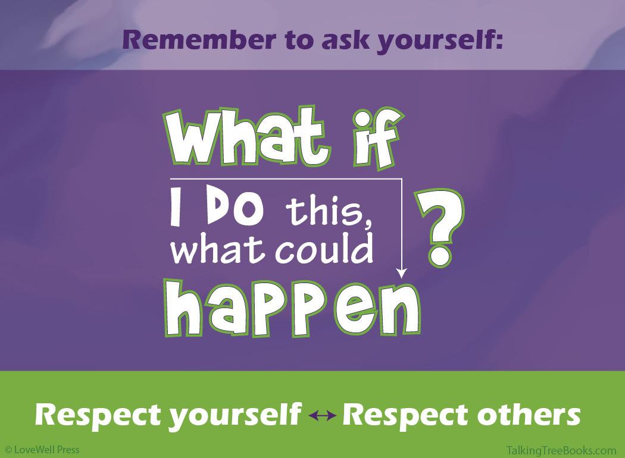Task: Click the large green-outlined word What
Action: (247, 136)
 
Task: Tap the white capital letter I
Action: (176, 207)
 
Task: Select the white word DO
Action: (235, 207)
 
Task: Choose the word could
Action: (324, 248)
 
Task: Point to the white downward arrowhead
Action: (401, 273)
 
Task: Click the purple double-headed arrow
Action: (323, 416)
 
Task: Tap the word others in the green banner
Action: (529, 415)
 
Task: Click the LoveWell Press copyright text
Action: (42, 450)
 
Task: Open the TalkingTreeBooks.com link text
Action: (561, 450)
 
